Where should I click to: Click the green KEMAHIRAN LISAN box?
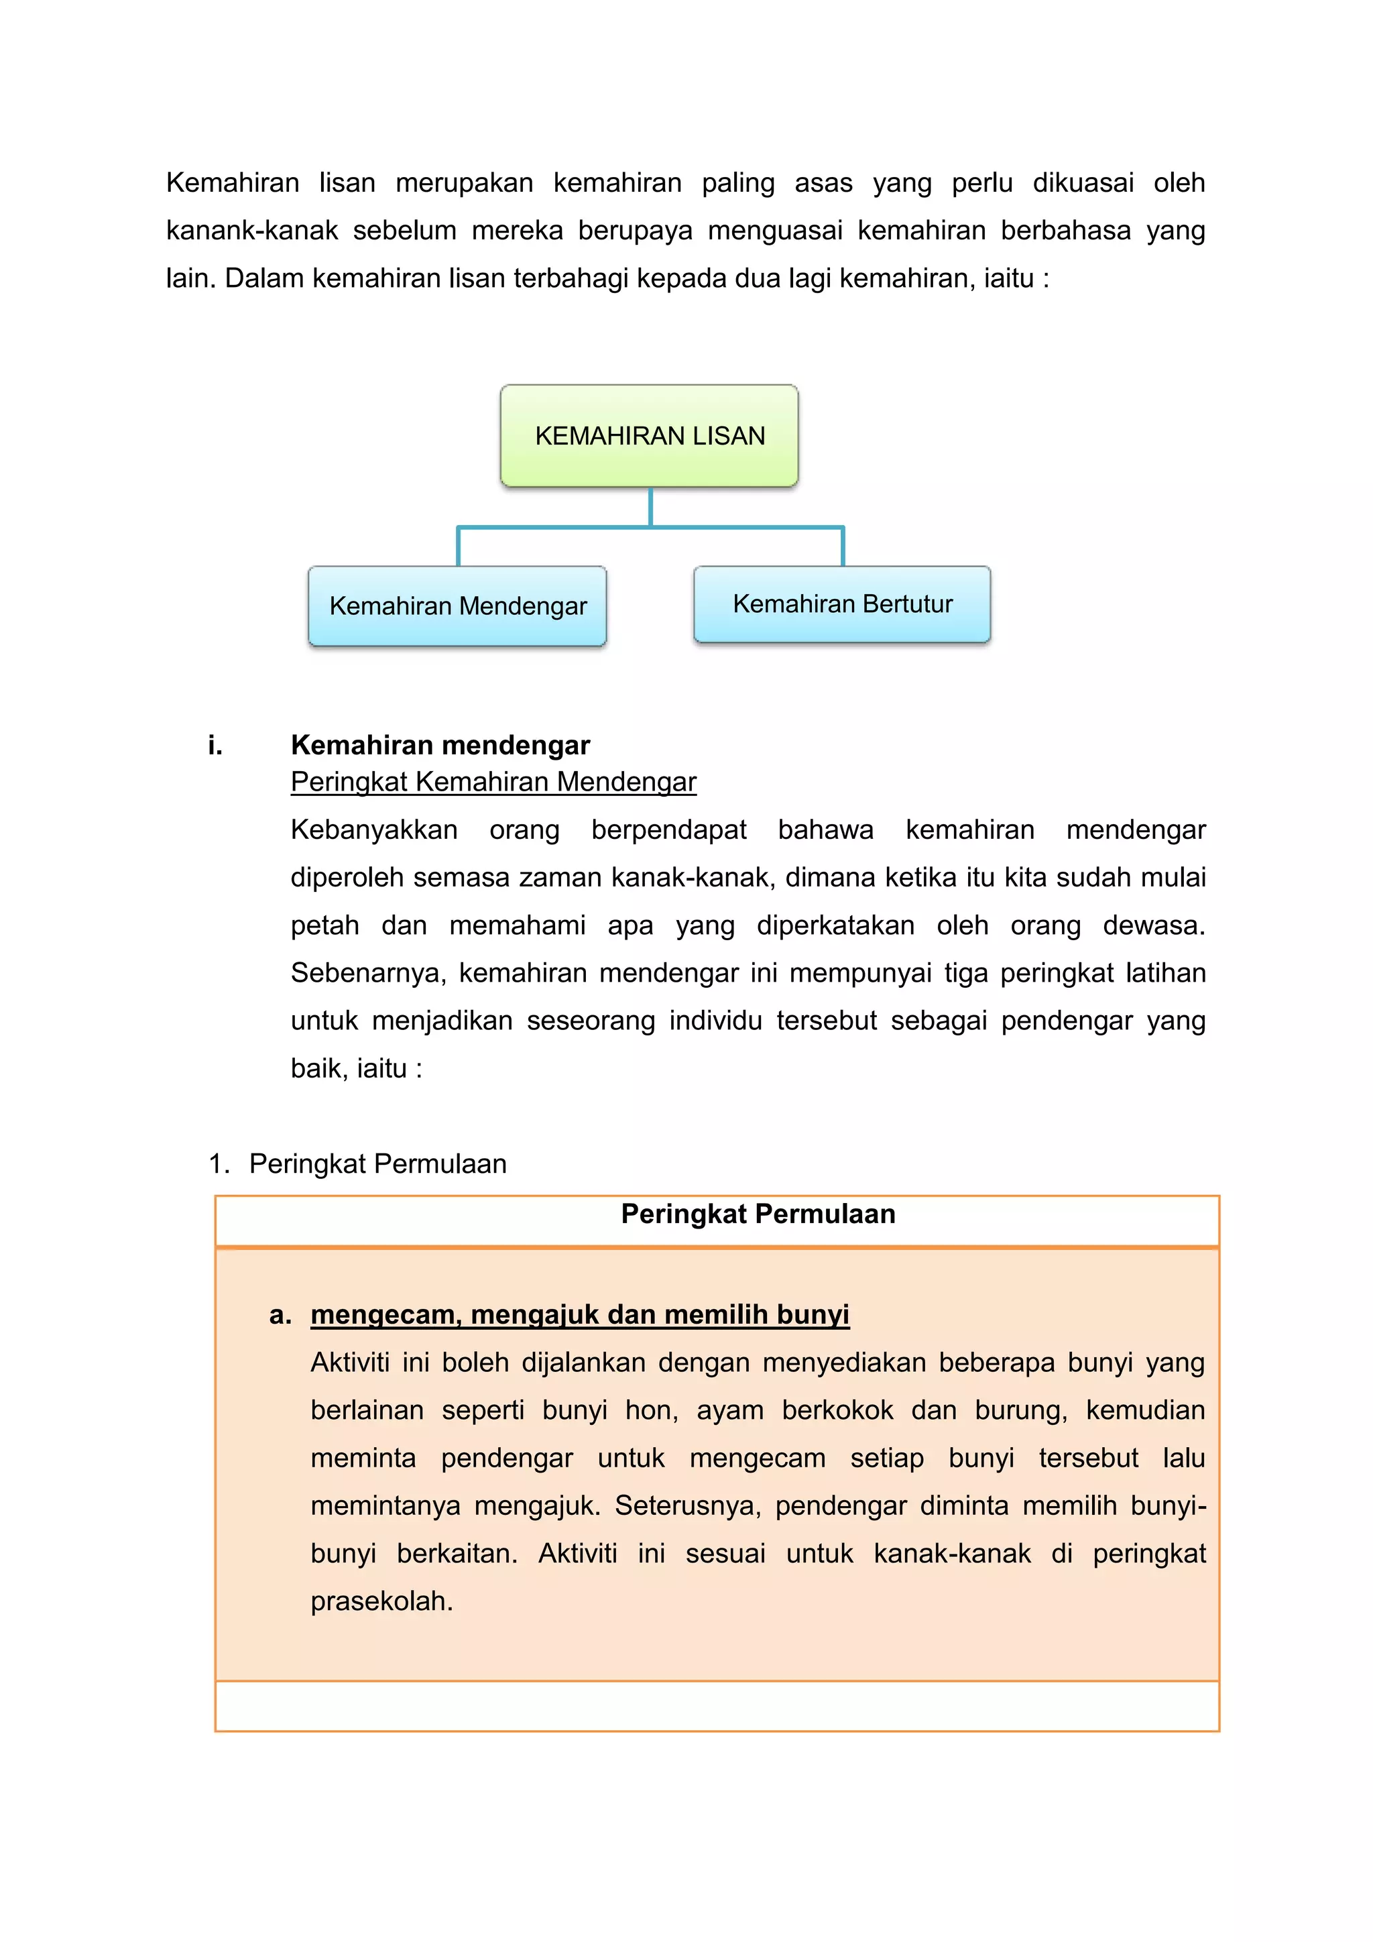tap(650, 436)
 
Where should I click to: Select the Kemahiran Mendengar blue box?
tap(457, 606)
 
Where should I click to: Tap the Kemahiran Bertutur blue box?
tap(842, 604)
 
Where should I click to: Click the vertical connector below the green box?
tap(650, 507)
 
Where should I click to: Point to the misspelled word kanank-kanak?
tap(251, 230)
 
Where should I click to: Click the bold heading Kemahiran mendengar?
tap(440, 745)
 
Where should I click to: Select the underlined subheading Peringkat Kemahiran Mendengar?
tap(493, 781)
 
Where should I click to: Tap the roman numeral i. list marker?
tap(215, 745)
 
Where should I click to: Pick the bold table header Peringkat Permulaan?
tap(758, 1214)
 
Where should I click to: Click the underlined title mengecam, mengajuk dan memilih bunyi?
tap(579, 1314)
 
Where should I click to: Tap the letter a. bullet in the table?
tap(280, 1315)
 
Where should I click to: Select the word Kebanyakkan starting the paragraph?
tap(373, 830)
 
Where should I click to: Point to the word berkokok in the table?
tap(837, 1410)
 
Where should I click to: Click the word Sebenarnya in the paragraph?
tap(368, 973)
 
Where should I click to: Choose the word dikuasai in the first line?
tap(1082, 182)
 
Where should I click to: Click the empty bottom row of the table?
tap(717, 1705)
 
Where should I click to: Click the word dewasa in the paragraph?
tap(1153, 925)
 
